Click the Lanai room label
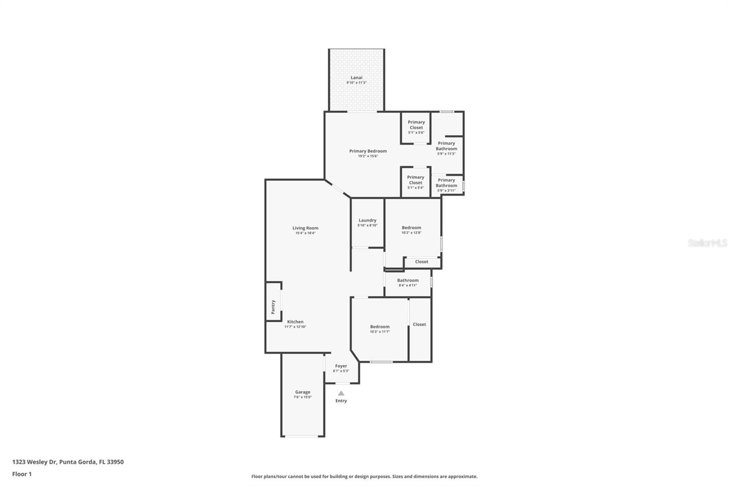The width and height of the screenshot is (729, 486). [356, 78]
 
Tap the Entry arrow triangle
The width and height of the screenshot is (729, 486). [341, 393]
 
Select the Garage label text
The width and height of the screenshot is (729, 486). [303, 392]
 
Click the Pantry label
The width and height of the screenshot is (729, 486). [273, 307]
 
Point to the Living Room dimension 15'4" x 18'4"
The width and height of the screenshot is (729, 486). [305, 233]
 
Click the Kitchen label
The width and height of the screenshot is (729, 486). [295, 322]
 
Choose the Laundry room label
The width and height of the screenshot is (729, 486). [367, 221]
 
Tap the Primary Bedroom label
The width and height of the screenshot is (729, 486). [368, 151]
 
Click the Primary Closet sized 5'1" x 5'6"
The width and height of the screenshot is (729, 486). [416, 125]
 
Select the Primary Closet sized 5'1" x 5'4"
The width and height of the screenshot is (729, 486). [416, 180]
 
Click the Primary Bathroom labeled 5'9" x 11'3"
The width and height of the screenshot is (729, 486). [447, 146]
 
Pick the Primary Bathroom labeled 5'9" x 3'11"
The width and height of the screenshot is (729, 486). [447, 183]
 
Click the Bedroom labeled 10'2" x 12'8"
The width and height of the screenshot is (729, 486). [411, 228]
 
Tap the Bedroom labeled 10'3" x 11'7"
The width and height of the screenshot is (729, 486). [380, 327]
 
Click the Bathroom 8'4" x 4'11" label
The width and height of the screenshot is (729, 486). [408, 281]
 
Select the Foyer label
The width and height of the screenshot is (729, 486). [341, 366]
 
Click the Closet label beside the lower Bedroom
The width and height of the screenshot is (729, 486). [419, 325]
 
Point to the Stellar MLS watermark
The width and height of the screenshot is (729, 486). [707, 243]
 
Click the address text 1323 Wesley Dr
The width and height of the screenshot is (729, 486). [68, 462]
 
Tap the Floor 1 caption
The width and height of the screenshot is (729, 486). [22, 474]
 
